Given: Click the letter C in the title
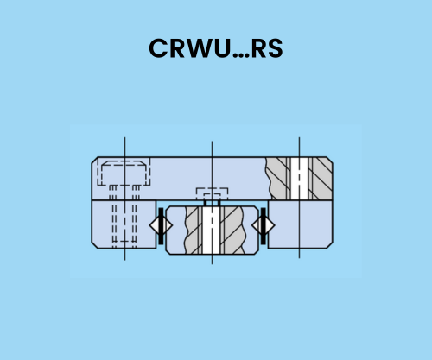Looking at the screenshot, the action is coord(158,48).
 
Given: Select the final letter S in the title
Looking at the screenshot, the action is coord(275,48).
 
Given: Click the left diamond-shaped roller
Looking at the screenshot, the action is coord(161,225).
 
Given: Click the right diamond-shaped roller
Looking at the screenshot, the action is coord(264,225).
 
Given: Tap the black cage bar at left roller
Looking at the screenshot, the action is coord(161,226).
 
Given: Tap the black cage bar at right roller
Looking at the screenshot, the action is coord(264,226).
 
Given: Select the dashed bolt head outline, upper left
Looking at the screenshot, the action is coord(124,173).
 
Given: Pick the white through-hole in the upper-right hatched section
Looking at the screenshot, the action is coord(299,179).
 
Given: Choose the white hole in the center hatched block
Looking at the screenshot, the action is coord(212,231).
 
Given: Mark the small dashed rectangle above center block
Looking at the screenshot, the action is coord(212,194).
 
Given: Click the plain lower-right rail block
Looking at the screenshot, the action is coord(301,224).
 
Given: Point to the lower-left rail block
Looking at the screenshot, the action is coord(124,224).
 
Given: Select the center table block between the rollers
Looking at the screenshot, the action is coord(212,231).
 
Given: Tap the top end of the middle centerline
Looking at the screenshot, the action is coord(212,142).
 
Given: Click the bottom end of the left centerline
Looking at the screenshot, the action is coord(124,260).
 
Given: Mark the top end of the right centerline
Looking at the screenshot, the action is coord(299,137).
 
